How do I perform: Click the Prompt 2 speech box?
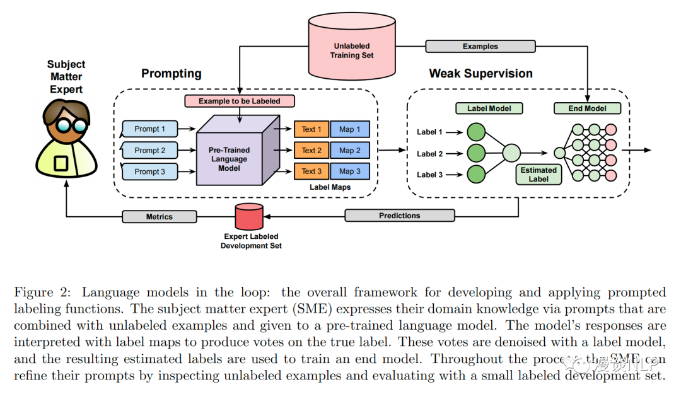pyautogui.click(x=150, y=151)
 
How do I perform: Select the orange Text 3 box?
pyautogui.click(x=311, y=171)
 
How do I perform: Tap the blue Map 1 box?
pyautogui.click(x=350, y=129)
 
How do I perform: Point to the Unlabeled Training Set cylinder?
pyautogui.click(x=352, y=50)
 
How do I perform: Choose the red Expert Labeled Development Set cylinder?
pyautogui.click(x=248, y=217)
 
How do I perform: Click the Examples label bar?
pyautogui.click(x=480, y=47)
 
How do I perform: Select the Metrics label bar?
pyautogui.click(x=159, y=217)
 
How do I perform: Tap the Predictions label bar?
pyautogui.click(x=399, y=216)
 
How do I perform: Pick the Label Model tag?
pyautogui.click(x=489, y=108)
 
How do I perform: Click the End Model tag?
pyautogui.click(x=587, y=108)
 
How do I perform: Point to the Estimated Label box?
pyautogui.click(x=538, y=175)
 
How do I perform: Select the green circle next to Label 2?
pyautogui.click(x=475, y=153)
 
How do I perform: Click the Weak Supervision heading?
pyautogui.click(x=480, y=74)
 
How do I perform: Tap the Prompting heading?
pyautogui.click(x=171, y=74)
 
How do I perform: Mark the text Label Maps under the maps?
pyautogui.click(x=330, y=187)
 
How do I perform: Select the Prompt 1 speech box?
pyautogui.click(x=150, y=129)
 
